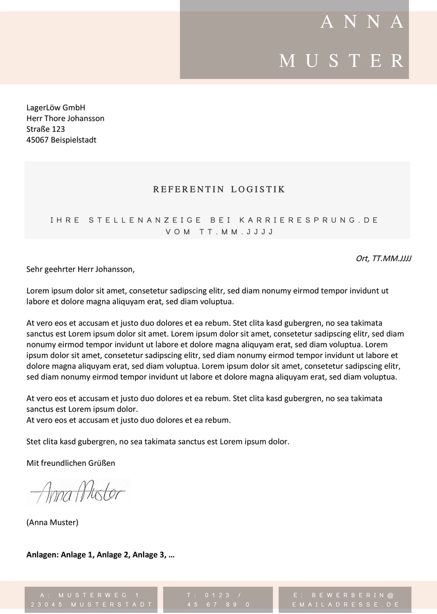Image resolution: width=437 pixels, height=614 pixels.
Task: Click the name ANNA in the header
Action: pos(362,22)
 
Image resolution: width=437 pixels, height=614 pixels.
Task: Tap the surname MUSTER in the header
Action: pos(342,61)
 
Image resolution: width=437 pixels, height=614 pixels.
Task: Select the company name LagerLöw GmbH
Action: pos(56,107)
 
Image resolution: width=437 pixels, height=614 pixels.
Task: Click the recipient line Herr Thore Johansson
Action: pos(66,118)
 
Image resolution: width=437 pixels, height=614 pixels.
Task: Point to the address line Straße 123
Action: pos(46,129)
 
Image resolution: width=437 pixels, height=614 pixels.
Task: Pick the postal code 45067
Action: pos(37,140)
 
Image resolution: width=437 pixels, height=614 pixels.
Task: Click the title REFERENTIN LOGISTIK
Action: pos(219,190)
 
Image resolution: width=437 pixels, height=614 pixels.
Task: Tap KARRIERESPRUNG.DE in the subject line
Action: pos(309,220)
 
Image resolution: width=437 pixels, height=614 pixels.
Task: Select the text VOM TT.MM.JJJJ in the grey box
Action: pos(219,232)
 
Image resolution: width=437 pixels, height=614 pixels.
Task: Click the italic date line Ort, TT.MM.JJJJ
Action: pos(383,258)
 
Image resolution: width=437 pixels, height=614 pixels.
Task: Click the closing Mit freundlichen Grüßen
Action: pos(71,463)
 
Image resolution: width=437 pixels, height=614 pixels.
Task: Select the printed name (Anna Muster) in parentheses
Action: pos(52,522)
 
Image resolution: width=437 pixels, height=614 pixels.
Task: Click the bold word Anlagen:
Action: pos(43,555)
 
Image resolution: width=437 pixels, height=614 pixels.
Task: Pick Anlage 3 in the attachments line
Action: pos(149,555)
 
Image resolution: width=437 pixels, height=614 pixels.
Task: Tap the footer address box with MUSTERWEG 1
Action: pos(91,600)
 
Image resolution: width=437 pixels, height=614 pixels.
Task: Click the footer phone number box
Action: pos(218,600)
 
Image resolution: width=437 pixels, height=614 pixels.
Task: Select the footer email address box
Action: pos(345,600)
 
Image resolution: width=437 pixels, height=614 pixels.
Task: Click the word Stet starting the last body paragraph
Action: pos(34,441)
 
